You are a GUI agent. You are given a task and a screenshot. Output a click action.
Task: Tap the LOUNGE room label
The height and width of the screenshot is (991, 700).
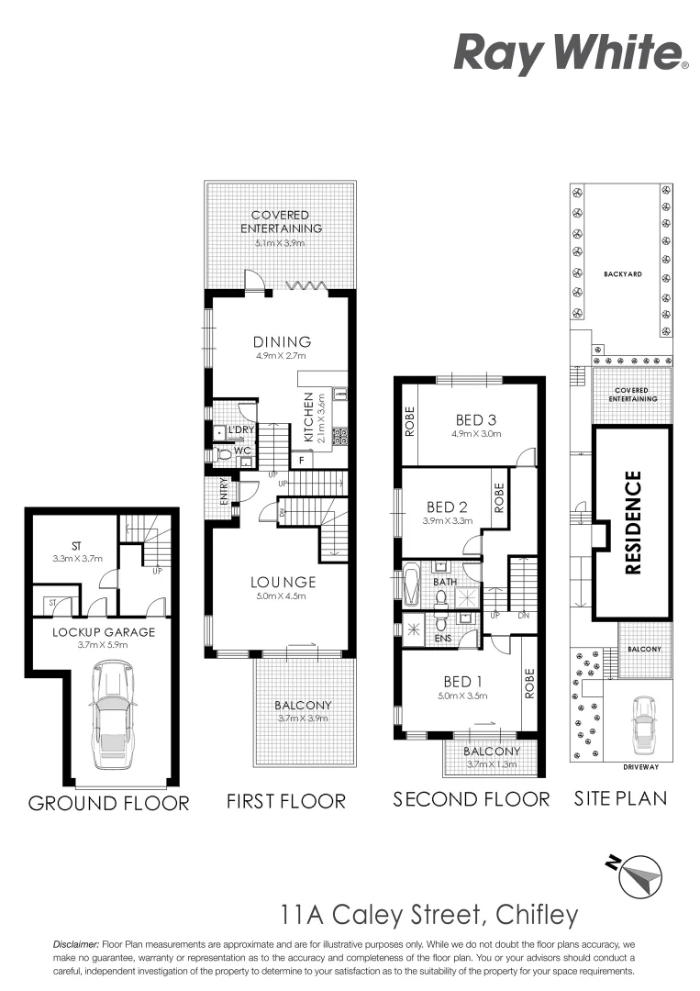coord(283,582)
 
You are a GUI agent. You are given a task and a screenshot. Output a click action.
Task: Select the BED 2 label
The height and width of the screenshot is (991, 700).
coord(448,507)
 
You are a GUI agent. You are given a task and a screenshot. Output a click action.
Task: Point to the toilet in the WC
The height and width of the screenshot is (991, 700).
coord(223,453)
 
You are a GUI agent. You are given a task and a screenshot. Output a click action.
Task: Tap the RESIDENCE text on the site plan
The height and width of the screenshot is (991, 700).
coord(633,522)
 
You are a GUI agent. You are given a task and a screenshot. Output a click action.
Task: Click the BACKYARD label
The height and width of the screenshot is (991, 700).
coord(621,274)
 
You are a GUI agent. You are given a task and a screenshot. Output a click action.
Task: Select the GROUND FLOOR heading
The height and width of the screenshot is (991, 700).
coord(108,803)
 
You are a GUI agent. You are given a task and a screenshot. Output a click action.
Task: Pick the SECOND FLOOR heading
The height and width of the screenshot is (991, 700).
coord(472,799)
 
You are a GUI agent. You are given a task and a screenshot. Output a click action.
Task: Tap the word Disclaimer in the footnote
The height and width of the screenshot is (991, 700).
coord(76,943)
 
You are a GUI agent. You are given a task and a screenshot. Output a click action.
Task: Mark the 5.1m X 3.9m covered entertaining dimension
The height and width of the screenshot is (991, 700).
coord(280,243)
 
